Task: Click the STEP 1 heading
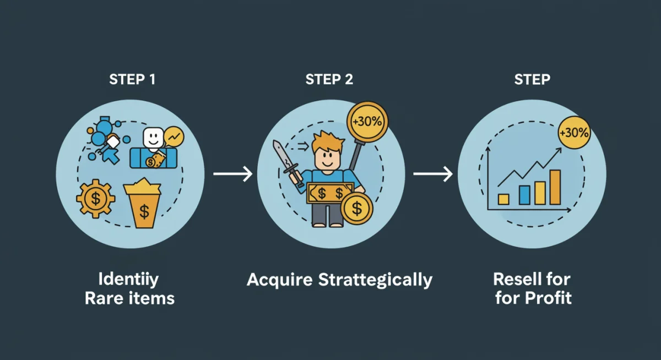tap(132, 79)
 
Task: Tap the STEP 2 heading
tap(329, 79)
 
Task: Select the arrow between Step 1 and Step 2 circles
tap(232, 174)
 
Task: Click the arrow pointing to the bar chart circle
tap(433, 174)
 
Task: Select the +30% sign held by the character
tap(367, 121)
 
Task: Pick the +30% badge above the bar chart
tap(573, 133)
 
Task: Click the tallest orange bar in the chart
tap(555, 187)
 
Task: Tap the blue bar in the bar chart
tap(524, 194)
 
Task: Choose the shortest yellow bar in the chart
tap(503, 199)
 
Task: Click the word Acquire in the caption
tap(280, 280)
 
